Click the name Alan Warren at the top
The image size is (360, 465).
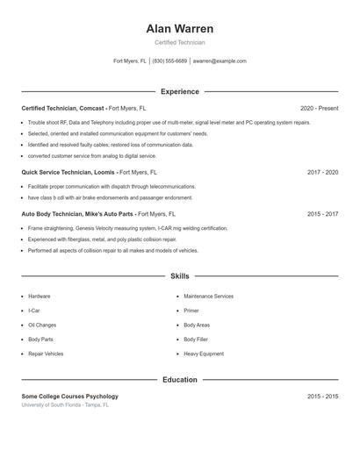[x=180, y=29]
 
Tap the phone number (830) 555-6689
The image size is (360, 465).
[x=170, y=61]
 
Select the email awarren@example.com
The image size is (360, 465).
[x=220, y=61]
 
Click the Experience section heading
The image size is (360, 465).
[x=180, y=91]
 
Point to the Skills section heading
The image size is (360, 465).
[x=180, y=275]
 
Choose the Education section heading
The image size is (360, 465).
[x=180, y=380]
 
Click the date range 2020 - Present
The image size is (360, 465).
[x=319, y=108]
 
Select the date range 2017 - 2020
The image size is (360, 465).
[x=322, y=173]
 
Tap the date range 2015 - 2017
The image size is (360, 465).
[x=322, y=213]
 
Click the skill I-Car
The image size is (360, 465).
[x=33, y=311]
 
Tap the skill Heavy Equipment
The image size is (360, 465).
[x=204, y=354]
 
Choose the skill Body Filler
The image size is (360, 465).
[x=197, y=339]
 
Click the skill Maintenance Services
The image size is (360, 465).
[x=208, y=297]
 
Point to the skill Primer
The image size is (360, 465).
[x=191, y=311]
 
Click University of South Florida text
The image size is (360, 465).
[x=65, y=405]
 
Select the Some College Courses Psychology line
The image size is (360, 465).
[x=69, y=397]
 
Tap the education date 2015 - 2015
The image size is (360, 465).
[x=322, y=397]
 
